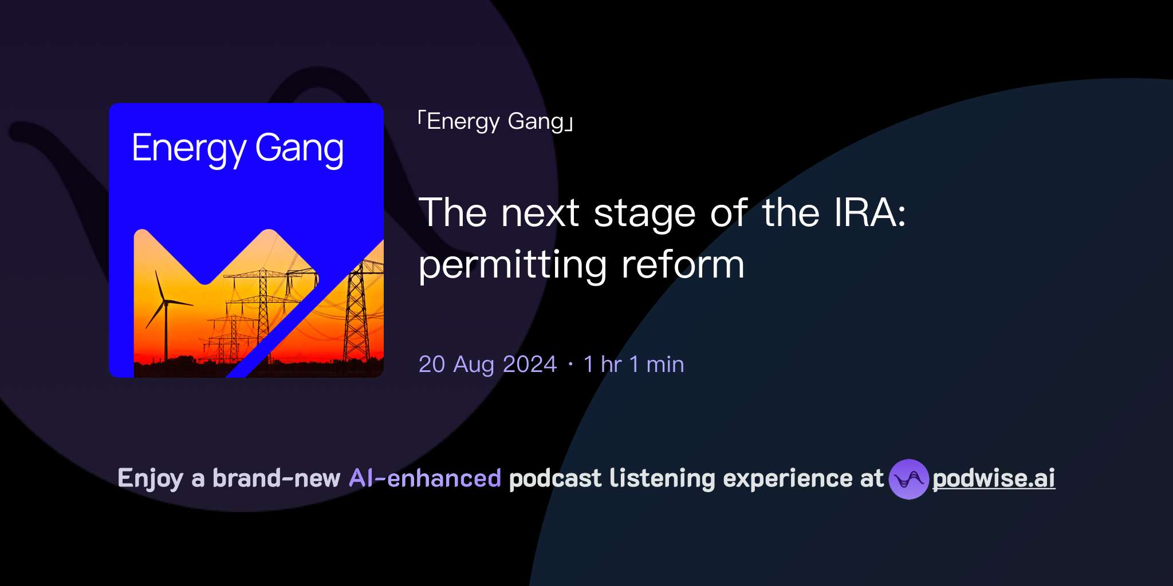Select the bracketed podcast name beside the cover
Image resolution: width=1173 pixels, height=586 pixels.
point(495,122)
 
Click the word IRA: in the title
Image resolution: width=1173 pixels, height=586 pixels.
point(869,213)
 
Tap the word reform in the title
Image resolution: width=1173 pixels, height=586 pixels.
point(683,266)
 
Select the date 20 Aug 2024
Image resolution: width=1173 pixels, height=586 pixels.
point(487,365)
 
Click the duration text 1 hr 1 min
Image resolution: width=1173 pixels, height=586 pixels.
point(633,365)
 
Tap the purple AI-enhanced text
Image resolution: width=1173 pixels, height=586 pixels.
point(425,478)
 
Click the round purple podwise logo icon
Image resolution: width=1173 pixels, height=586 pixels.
point(908,479)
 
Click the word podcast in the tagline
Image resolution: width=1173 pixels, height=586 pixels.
point(555,478)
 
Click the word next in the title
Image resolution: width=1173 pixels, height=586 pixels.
point(540,213)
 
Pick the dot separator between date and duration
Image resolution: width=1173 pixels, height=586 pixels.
point(570,365)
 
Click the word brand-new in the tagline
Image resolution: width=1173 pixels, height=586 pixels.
point(276,478)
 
